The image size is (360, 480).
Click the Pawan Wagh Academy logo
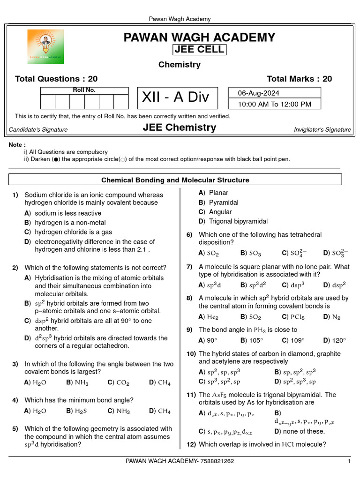click(45, 46)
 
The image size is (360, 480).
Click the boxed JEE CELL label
click(199, 50)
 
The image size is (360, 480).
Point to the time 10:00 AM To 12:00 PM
click(274, 104)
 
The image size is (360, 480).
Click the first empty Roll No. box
click(48, 102)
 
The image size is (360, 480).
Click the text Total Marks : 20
click(299, 79)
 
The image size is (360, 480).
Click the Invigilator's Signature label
click(322, 130)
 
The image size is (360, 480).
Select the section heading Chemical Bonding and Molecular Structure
click(175, 180)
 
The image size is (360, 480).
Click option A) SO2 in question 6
click(209, 253)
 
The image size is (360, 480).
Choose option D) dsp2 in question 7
click(335, 285)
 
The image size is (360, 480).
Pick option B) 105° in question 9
click(249, 340)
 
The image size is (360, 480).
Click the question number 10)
click(191, 353)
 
